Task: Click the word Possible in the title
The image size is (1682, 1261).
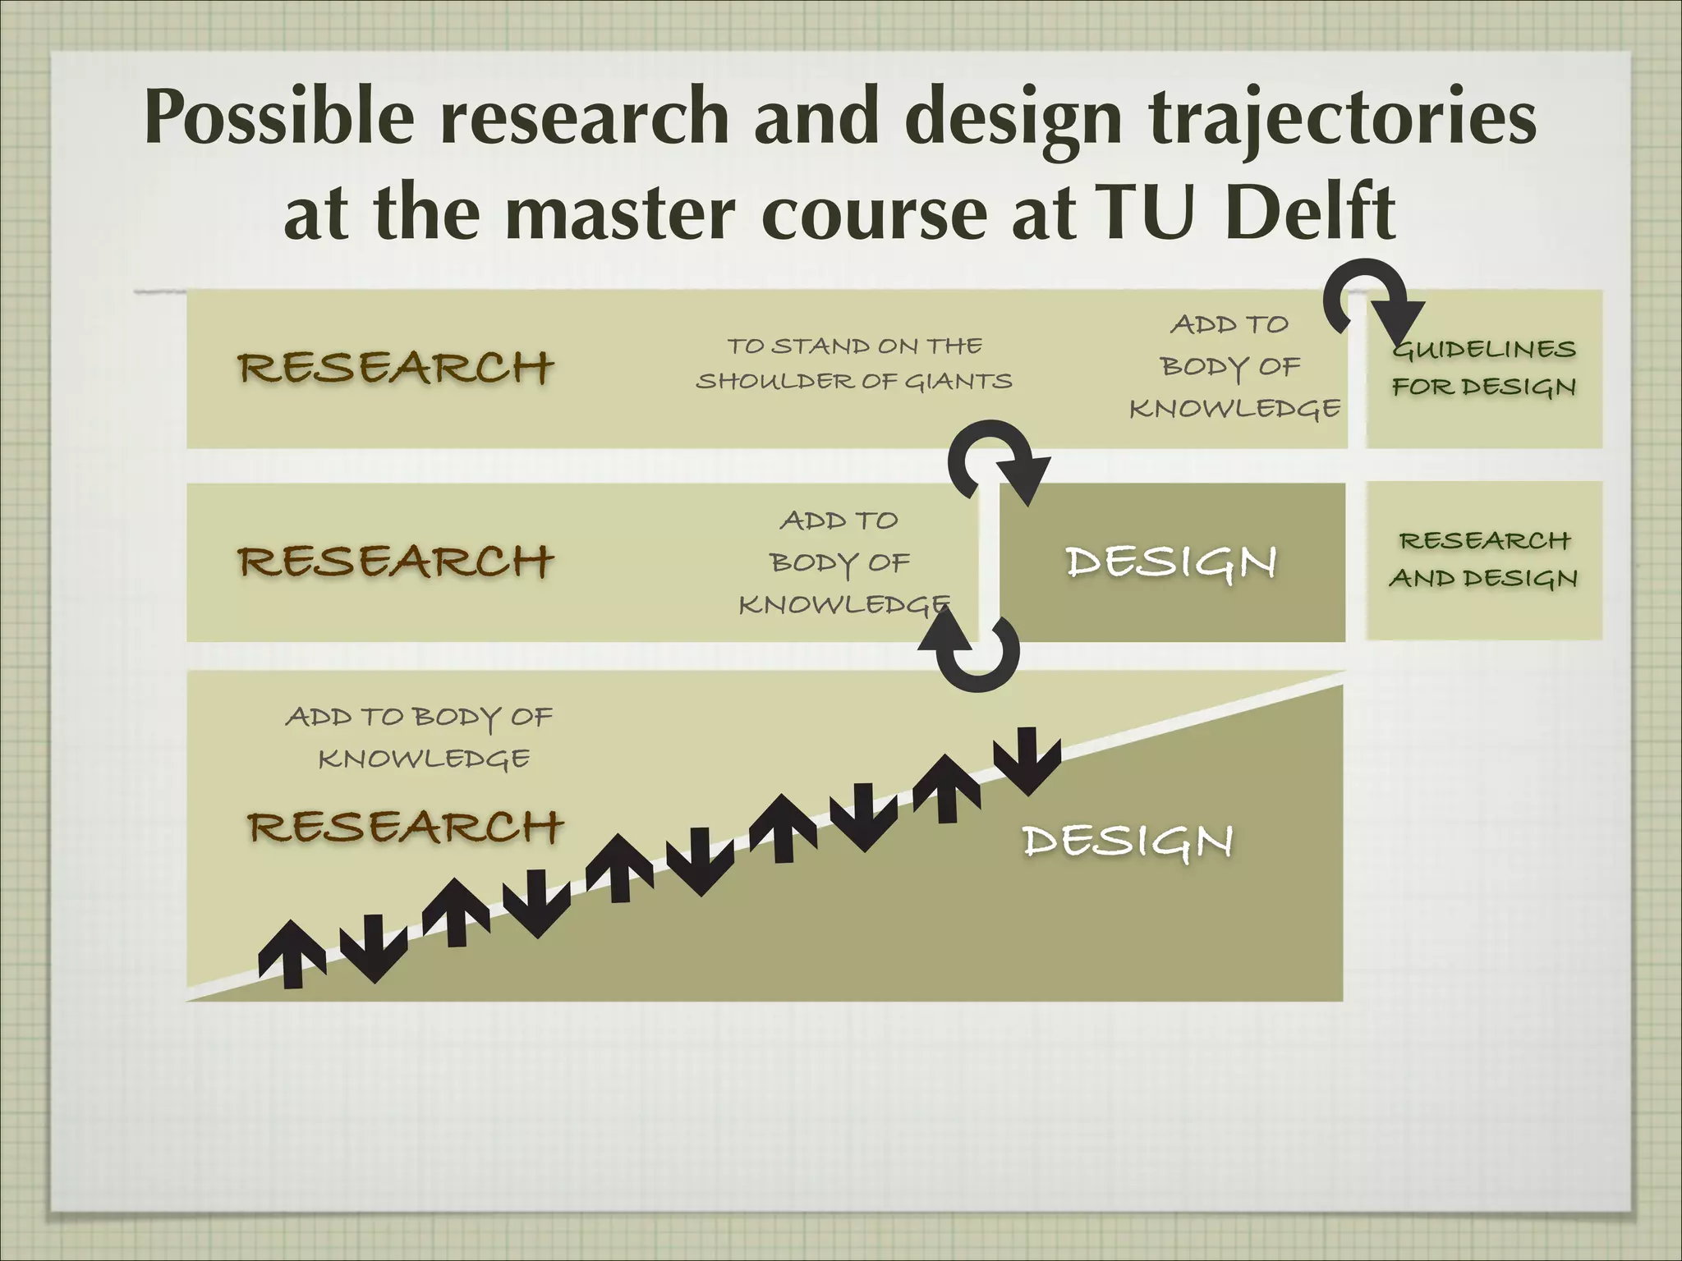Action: [279, 119]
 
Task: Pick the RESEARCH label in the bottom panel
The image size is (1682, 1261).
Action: [406, 826]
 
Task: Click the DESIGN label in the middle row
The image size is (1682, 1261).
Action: [1170, 562]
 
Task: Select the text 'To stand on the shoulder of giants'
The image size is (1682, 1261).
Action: [854, 364]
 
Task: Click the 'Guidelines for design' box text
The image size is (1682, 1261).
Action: [1484, 368]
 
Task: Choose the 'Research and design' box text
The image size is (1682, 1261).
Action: [1484, 559]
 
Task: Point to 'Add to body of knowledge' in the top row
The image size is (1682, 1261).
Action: [1234, 366]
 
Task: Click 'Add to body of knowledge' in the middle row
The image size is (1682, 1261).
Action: [842, 562]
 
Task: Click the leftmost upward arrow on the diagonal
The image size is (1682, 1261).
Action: [292, 952]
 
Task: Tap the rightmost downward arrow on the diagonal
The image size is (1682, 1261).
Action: [1027, 760]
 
